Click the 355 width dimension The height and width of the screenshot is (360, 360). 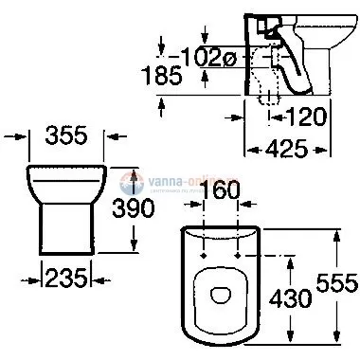click(x=65, y=136)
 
